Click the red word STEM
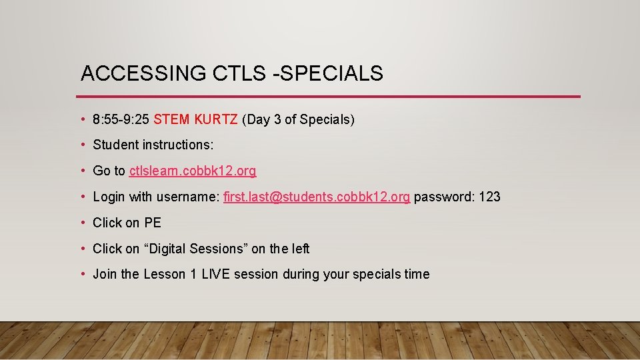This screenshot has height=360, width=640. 172,120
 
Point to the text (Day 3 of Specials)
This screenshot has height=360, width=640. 299,120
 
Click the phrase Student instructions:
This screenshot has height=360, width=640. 153,145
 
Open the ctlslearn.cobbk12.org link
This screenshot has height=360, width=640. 193,171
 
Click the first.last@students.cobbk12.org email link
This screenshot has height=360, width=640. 317,197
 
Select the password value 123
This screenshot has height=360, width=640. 489,197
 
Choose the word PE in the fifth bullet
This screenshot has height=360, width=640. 153,223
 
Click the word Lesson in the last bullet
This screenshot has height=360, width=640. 163,274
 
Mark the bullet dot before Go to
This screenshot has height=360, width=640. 83,171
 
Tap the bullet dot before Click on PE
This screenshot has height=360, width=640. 83,223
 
